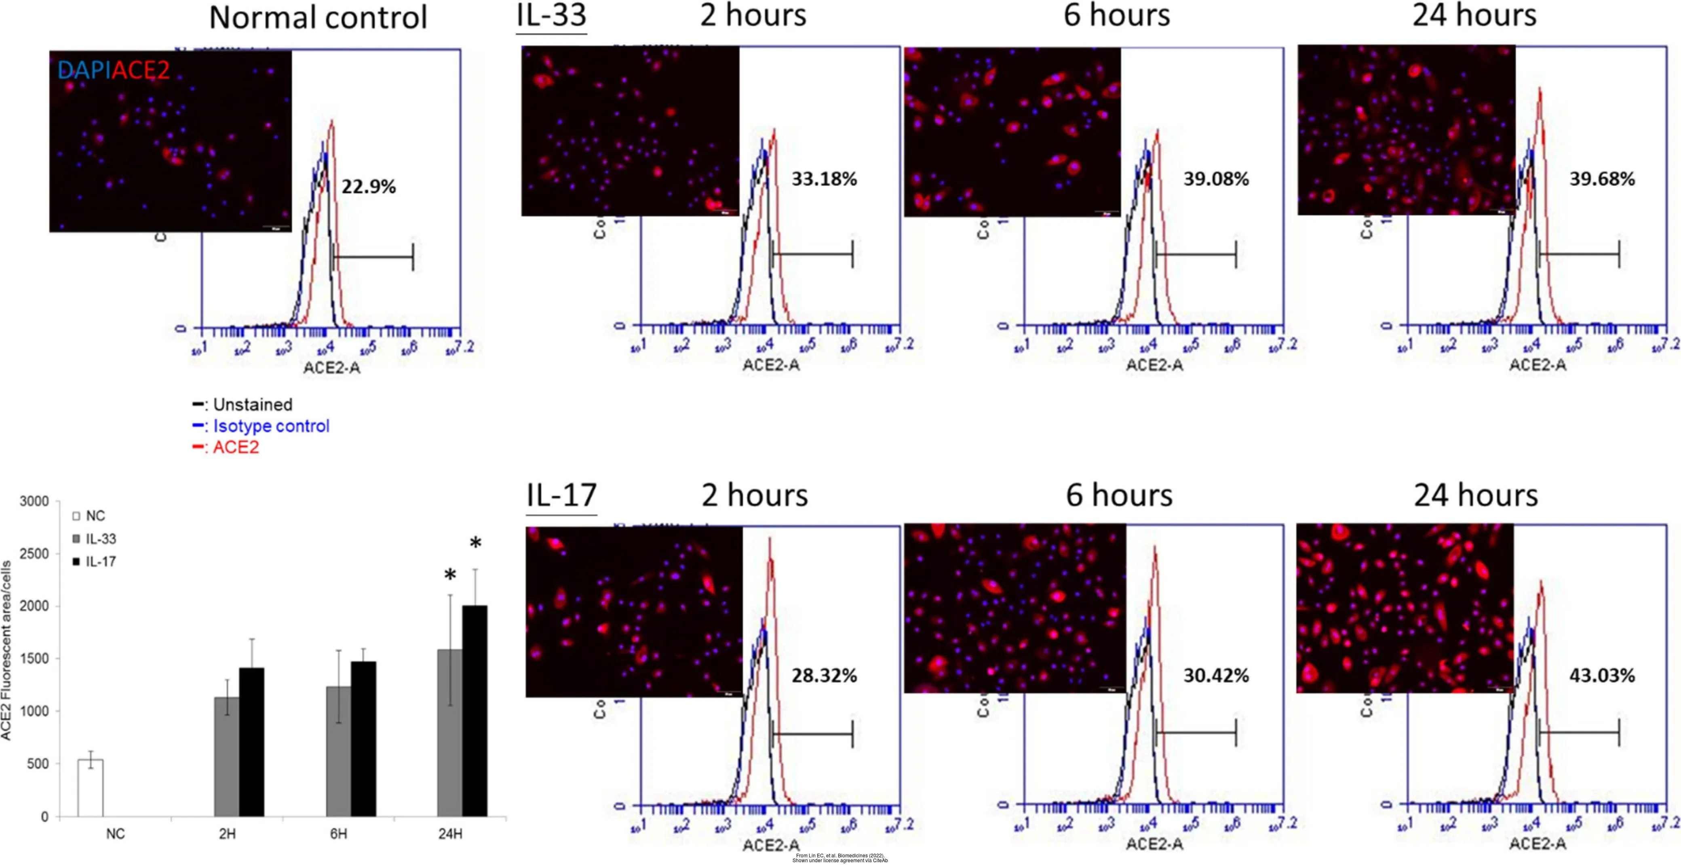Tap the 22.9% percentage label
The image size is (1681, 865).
pyautogui.click(x=369, y=187)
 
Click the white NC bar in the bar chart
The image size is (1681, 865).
pyautogui.click(x=91, y=787)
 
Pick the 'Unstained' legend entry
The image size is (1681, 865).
pyautogui.click(x=252, y=404)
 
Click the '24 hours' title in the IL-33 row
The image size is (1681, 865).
pyautogui.click(x=1474, y=16)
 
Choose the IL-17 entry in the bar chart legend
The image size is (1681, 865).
pyautogui.click(x=101, y=562)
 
